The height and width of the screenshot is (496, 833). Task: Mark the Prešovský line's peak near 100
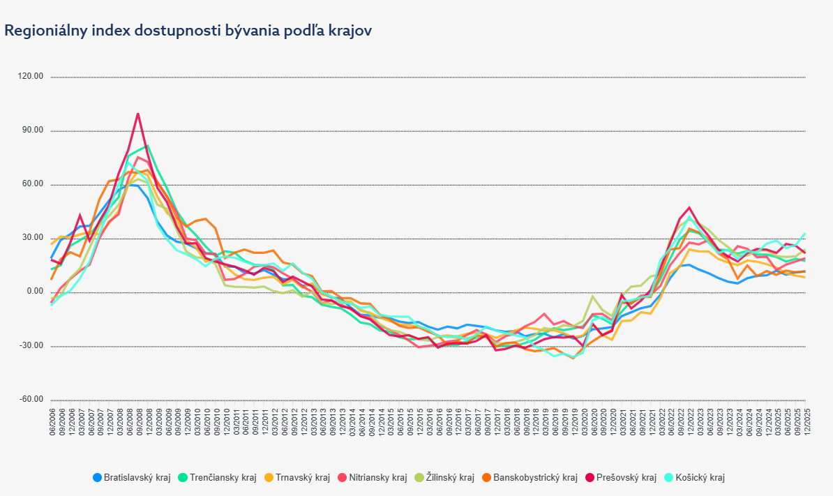pos(138,113)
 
